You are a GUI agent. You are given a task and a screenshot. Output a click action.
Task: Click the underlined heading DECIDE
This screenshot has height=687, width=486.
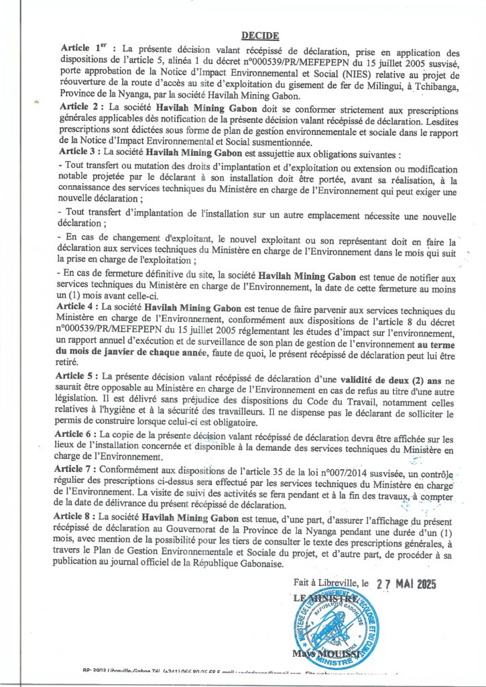(x=260, y=37)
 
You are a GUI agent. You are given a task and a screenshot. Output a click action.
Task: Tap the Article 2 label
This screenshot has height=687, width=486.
(x=80, y=107)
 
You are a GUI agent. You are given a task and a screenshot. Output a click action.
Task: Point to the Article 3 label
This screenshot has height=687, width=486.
(x=80, y=151)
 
